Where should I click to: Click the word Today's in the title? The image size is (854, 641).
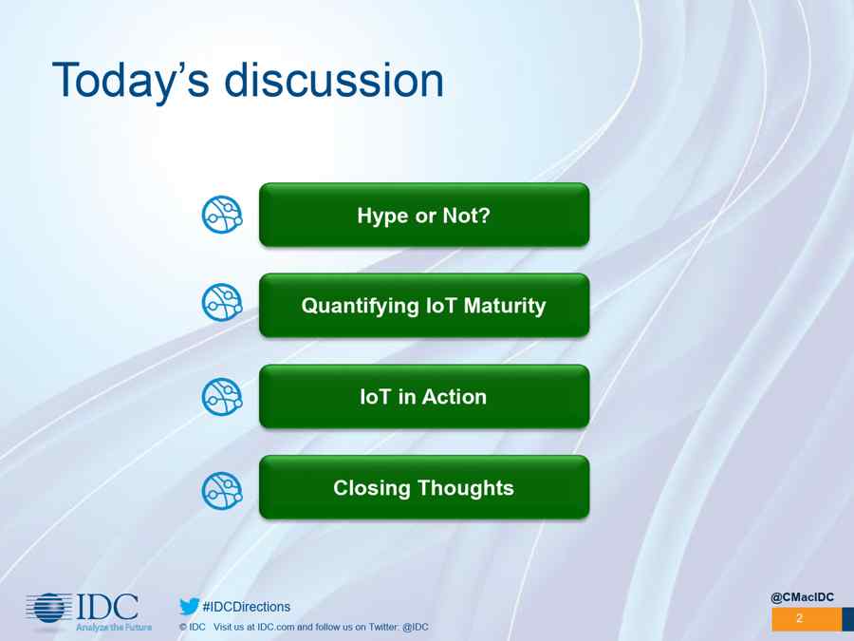(x=131, y=81)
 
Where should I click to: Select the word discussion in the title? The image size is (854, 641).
(x=334, y=80)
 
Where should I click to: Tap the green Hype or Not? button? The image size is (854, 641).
(x=424, y=215)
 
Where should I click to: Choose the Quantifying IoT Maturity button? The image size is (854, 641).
(x=424, y=305)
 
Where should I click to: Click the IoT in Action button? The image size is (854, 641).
(x=424, y=396)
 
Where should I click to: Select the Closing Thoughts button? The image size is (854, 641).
(x=424, y=487)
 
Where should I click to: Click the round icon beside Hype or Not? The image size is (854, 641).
(x=222, y=215)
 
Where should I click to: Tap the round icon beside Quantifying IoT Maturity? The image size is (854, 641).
(x=222, y=302)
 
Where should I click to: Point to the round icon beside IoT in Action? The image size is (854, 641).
(x=222, y=396)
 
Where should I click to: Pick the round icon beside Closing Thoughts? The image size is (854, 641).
(x=222, y=491)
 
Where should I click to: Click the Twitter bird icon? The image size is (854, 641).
(x=189, y=606)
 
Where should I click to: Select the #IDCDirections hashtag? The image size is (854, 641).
(x=246, y=607)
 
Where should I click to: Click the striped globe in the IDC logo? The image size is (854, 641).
(x=49, y=608)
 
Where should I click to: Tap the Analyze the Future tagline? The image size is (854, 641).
(x=114, y=628)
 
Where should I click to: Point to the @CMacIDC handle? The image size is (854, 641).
(x=802, y=597)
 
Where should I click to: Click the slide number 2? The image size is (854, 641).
(x=800, y=618)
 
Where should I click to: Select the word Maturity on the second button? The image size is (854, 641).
(x=505, y=306)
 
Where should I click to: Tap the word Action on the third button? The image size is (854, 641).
(x=455, y=397)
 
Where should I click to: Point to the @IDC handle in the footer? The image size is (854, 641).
(x=416, y=627)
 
